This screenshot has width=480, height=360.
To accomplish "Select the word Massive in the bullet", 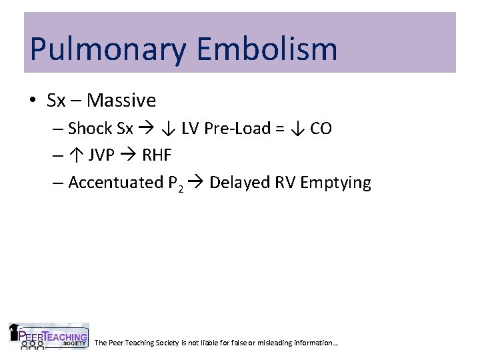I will (x=121, y=101).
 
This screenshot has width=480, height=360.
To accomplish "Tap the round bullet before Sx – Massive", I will (x=33, y=101).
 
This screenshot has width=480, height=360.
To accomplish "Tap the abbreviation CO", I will (x=321, y=128).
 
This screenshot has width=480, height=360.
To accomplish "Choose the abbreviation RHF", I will (x=157, y=155).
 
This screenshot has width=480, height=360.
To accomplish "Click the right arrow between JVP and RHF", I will (x=127, y=155).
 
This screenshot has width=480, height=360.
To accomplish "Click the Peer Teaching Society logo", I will (x=48, y=337).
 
